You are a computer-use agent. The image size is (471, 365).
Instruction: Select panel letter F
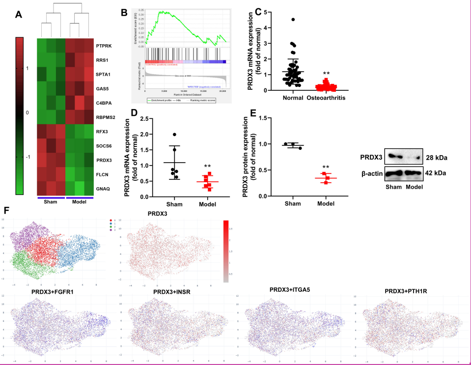click(x=6, y=210)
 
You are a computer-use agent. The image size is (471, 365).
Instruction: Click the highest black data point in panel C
click(x=293, y=20)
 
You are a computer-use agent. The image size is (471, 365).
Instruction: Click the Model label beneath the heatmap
click(x=79, y=202)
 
